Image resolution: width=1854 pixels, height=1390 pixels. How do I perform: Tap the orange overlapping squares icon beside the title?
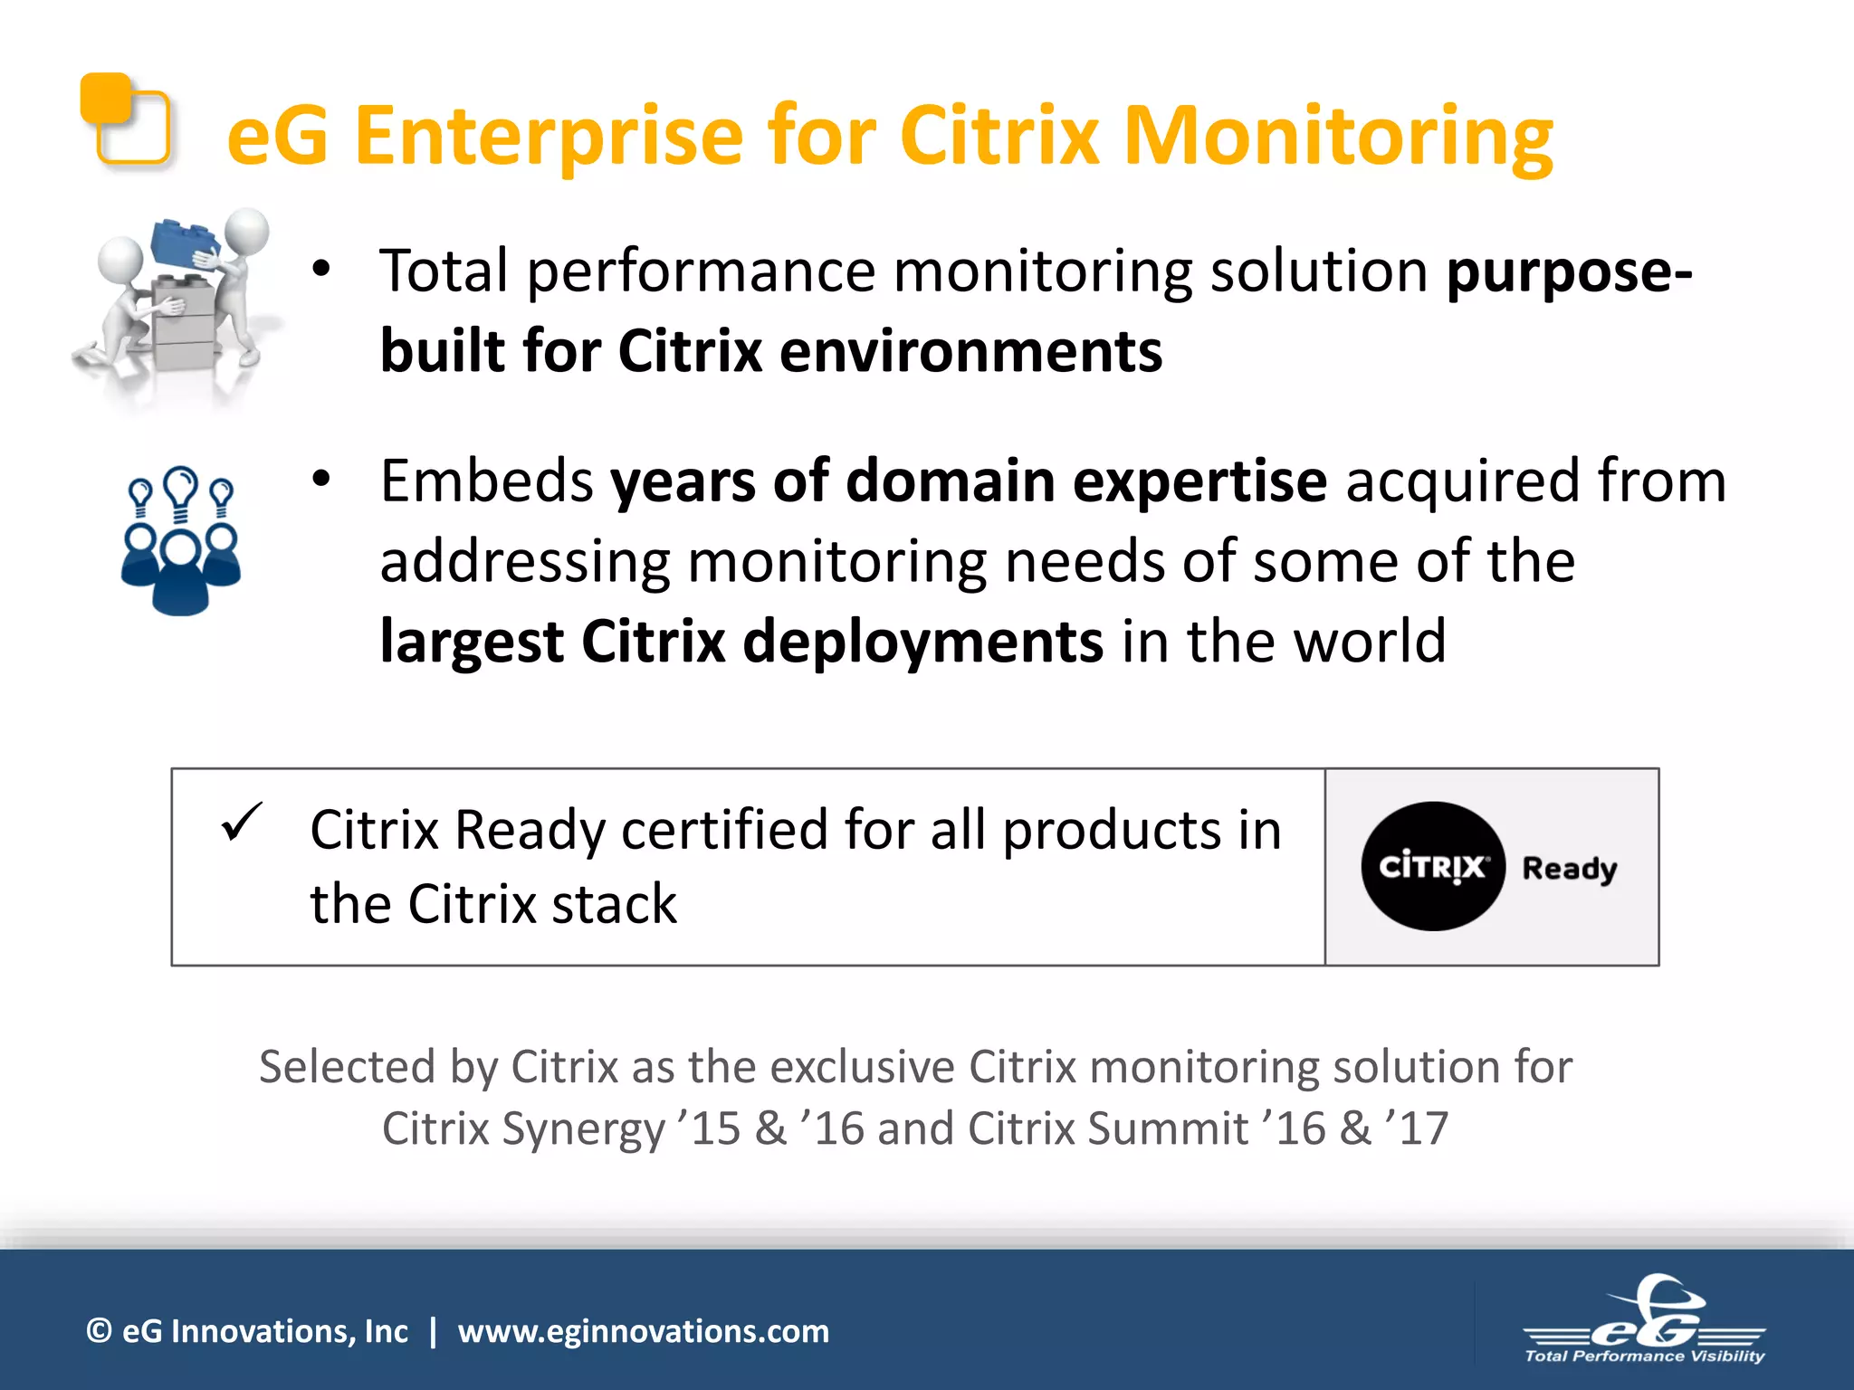125,120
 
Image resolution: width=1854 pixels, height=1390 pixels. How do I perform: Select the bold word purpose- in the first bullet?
1569,271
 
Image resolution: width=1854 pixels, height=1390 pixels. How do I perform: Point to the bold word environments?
970,351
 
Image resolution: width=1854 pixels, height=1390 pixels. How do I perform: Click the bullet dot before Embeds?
321,480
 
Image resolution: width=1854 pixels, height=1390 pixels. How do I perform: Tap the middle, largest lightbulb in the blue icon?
182,489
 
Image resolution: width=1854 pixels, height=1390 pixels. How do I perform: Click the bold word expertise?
1192,481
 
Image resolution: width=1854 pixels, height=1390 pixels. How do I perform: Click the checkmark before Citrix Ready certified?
242,822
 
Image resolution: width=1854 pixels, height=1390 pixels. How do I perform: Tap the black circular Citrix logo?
1432,866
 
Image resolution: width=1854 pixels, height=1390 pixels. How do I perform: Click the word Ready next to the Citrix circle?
1569,869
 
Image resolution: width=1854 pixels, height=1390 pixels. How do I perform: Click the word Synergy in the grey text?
583,1129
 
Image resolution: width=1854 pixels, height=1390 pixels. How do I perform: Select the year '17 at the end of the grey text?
1417,1129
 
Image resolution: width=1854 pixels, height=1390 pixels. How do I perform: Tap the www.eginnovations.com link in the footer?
643,1331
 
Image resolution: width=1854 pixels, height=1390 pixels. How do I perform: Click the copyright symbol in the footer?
99,1331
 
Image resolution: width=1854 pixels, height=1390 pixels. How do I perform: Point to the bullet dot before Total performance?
321,269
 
